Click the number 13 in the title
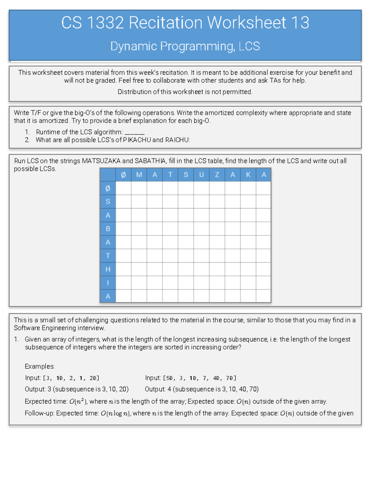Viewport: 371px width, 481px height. click(x=300, y=23)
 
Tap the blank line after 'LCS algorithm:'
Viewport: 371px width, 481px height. click(x=134, y=132)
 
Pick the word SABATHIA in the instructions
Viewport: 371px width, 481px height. click(x=150, y=161)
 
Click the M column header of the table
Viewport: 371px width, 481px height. click(x=139, y=175)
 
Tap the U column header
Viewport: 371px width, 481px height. click(x=201, y=175)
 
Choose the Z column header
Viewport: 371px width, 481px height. click(x=217, y=175)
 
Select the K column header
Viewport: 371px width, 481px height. click(x=248, y=175)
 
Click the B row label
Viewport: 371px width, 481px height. click(x=108, y=229)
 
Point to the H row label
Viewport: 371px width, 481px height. click(x=108, y=269)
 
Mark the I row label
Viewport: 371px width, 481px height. click(x=108, y=283)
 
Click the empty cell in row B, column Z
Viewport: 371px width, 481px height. click(x=217, y=229)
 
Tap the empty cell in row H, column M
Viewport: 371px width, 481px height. click(x=139, y=269)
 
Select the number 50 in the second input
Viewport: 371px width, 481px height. click(x=169, y=378)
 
